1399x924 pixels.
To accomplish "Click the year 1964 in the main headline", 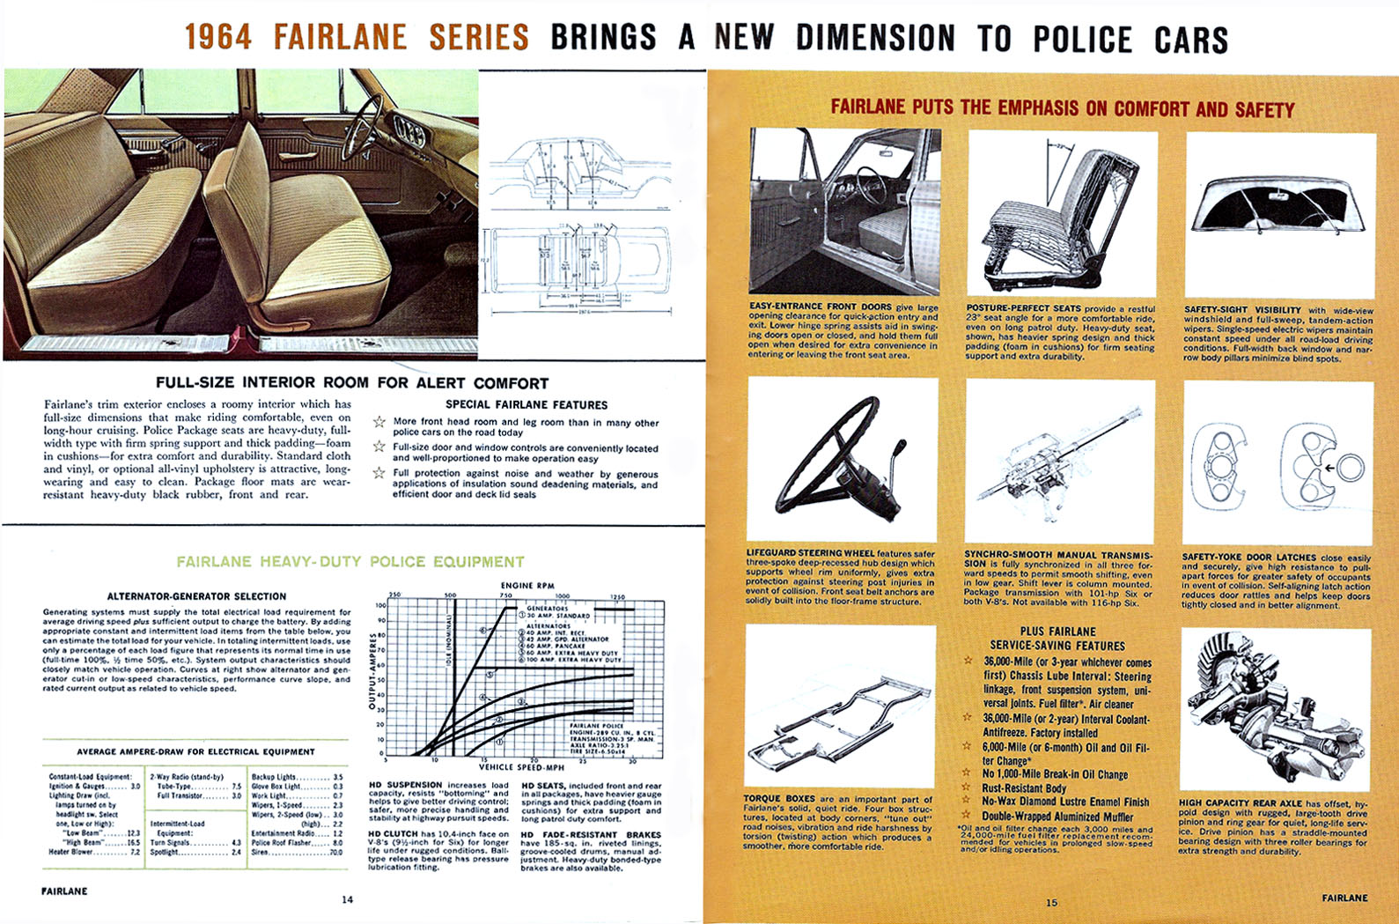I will pyautogui.click(x=218, y=38).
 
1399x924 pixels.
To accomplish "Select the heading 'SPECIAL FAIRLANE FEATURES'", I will pyautogui.click(x=526, y=405).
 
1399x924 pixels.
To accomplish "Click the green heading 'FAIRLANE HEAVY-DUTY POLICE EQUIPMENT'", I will pyautogui.click(x=350, y=562).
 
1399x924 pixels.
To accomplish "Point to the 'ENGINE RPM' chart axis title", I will pyautogui.click(x=529, y=586).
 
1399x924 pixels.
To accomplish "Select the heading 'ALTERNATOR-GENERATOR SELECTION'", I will pyautogui.click(x=196, y=596).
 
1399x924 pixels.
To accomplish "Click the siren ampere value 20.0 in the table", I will pyautogui.click(x=335, y=852).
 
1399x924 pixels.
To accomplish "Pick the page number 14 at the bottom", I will pyautogui.click(x=347, y=899).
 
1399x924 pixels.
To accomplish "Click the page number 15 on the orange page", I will pyautogui.click(x=1051, y=902).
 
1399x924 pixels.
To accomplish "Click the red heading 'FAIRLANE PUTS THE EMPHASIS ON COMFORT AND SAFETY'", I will pyautogui.click(x=1062, y=109).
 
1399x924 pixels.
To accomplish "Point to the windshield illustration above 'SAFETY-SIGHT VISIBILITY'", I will pyautogui.click(x=1280, y=204).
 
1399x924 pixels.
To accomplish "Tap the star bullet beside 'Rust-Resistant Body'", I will pyautogui.click(x=968, y=788).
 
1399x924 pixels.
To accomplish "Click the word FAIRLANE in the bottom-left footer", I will pyautogui.click(x=64, y=891).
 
